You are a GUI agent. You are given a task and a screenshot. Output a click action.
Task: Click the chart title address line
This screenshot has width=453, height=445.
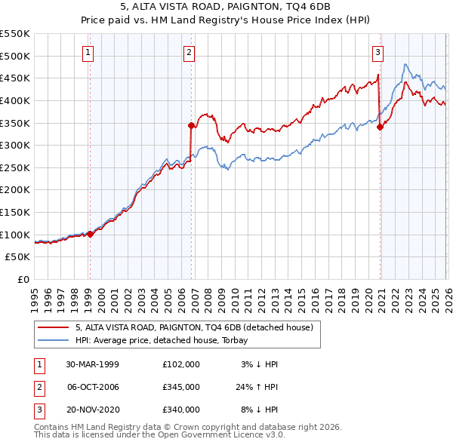(226, 6)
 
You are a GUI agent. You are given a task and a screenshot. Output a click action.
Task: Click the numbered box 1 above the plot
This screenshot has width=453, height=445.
(89, 52)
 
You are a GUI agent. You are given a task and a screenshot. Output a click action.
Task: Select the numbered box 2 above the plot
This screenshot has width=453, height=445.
(188, 52)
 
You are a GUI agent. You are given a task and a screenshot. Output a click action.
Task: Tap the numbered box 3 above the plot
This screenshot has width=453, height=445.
(377, 52)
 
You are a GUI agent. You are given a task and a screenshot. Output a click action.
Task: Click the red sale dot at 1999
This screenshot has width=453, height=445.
(90, 234)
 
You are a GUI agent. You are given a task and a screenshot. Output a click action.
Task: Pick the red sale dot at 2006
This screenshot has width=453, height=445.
(191, 125)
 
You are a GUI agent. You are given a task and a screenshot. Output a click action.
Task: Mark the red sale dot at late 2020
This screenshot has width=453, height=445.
(380, 127)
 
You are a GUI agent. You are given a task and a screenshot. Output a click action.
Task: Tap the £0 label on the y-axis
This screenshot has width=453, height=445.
(23, 279)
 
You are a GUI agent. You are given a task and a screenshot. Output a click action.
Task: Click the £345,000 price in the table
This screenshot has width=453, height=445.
(180, 387)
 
